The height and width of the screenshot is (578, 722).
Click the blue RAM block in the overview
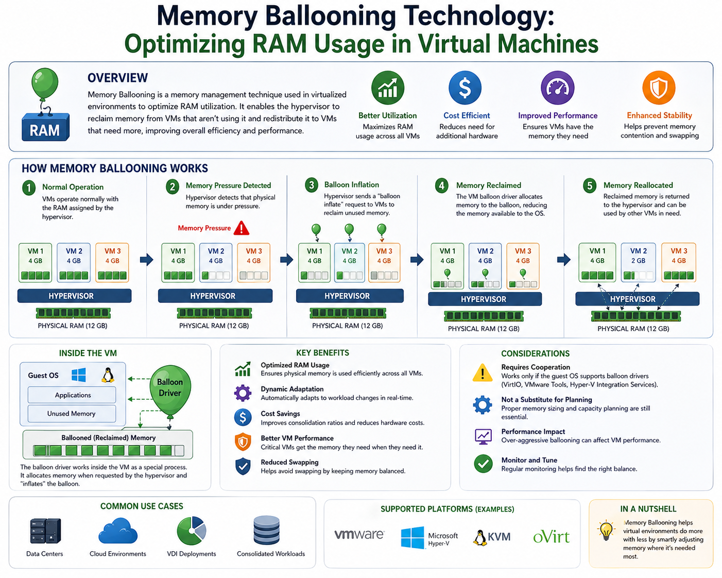45,128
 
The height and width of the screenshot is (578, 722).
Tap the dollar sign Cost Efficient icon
465,88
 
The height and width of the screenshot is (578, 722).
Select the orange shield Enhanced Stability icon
659,88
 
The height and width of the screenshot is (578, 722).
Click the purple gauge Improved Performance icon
557,88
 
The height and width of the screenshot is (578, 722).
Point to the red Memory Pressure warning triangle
241,228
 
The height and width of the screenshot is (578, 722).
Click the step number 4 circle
442,185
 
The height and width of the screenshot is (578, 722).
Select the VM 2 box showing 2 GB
638,263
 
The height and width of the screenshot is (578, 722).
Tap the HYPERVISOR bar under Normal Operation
74,296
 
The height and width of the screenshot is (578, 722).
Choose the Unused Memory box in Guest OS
72,414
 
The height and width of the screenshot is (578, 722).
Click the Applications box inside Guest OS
72,395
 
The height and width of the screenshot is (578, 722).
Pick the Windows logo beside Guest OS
79,375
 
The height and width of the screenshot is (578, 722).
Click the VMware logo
359,535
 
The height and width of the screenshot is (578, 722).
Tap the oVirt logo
551,537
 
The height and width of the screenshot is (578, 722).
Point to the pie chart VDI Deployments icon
192,531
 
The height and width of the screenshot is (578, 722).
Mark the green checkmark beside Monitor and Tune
483,464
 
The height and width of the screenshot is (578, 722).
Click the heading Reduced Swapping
289,462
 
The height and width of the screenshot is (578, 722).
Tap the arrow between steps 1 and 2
147,259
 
